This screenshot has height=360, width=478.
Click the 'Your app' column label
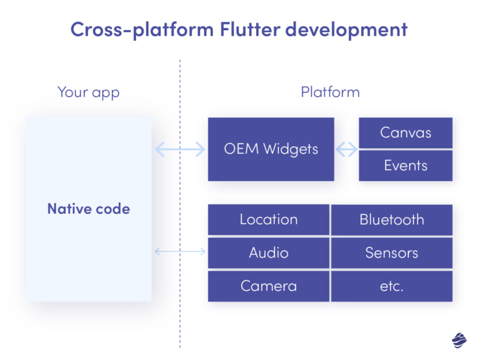(x=88, y=92)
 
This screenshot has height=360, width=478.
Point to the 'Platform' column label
(x=330, y=92)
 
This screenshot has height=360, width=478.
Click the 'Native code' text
(x=88, y=209)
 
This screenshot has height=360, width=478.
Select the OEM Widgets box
(x=271, y=149)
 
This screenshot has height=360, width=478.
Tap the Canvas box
(x=406, y=133)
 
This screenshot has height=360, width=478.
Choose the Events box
(x=406, y=165)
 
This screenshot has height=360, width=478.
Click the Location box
(x=268, y=219)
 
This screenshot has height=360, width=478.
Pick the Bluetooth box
(x=391, y=219)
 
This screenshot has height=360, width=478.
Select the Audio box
(x=268, y=253)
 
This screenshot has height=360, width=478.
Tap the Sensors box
(x=391, y=253)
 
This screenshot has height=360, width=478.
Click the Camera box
(x=268, y=286)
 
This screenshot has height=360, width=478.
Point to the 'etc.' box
(x=391, y=286)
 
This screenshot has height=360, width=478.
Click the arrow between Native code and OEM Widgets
(x=180, y=149)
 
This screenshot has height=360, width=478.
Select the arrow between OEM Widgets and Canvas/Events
(x=347, y=149)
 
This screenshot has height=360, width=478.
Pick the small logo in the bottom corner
(x=459, y=339)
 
